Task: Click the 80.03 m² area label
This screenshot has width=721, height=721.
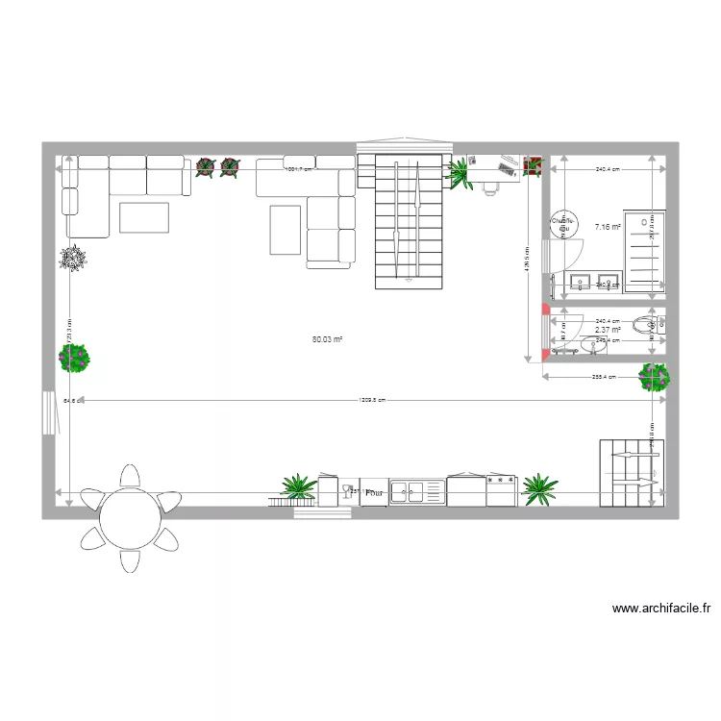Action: tap(328, 338)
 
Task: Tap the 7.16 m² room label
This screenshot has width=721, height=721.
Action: tap(608, 227)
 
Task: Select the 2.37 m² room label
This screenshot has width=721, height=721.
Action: tap(608, 330)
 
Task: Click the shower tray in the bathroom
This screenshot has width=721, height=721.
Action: tap(643, 249)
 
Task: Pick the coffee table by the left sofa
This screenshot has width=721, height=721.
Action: tap(144, 216)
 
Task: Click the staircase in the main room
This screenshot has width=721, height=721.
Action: tap(410, 220)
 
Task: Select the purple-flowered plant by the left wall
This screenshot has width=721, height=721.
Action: tap(75, 359)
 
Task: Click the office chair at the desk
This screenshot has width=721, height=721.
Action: tap(490, 186)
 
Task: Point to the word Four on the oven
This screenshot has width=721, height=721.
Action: tap(374, 492)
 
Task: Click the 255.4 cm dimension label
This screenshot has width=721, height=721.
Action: tap(604, 378)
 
